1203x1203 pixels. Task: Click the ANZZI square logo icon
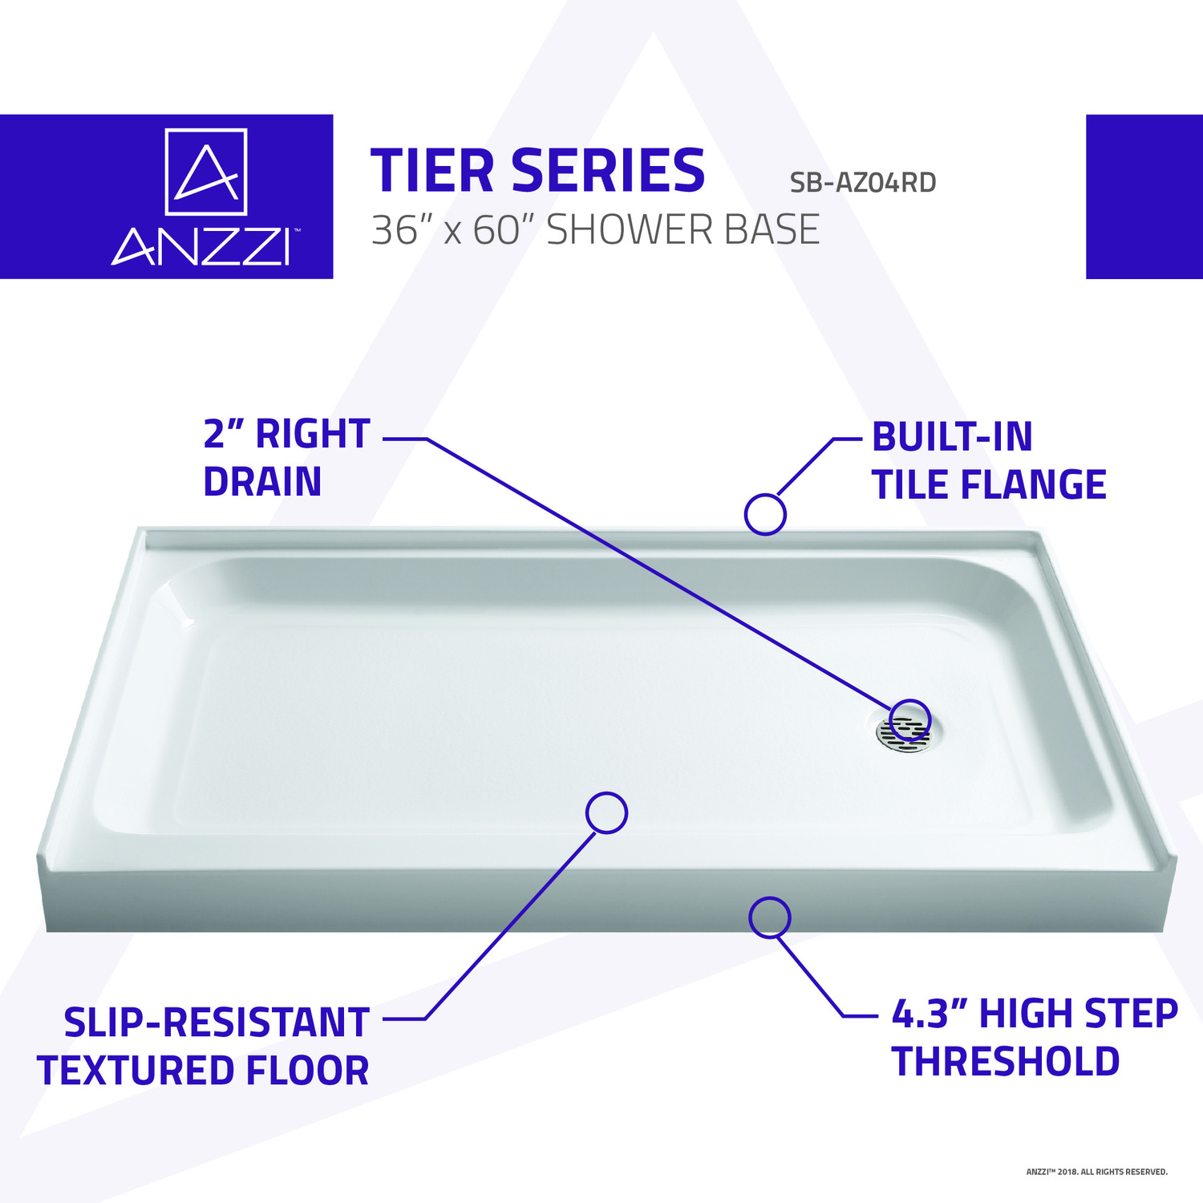(x=206, y=172)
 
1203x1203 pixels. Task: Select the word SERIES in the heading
(x=608, y=171)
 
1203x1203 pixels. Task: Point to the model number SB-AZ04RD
(x=863, y=183)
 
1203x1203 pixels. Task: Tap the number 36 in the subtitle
(x=395, y=230)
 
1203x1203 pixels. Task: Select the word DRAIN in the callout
(x=262, y=482)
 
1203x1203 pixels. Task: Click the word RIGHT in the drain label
(x=313, y=435)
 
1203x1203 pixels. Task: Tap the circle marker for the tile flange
(x=765, y=515)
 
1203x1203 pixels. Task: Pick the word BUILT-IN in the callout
(x=952, y=437)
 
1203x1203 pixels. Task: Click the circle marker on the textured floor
(x=606, y=812)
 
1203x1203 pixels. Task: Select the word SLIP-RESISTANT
(x=217, y=1023)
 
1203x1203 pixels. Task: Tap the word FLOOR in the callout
(x=308, y=1071)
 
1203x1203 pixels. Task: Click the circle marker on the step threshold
(x=769, y=917)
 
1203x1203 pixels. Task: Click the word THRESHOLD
(x=1006, y=1062)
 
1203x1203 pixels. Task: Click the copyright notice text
(x=1097, y=1172)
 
